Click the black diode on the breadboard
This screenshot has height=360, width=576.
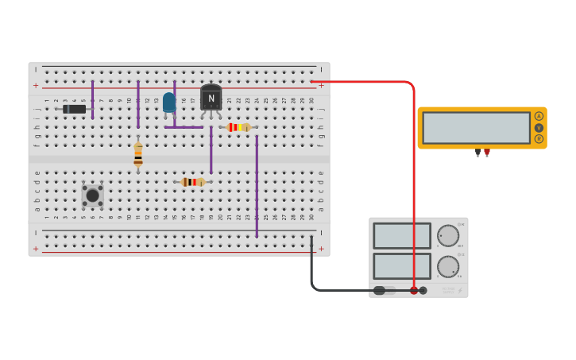point(75,109)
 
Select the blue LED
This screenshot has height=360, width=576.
point(168,102)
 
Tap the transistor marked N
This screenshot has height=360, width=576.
point(211,98)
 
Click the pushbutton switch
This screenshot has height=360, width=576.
point(92,195)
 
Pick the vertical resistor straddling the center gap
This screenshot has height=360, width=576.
point(138,154)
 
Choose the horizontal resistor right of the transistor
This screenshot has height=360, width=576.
point(238,127)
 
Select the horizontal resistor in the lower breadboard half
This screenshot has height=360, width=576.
point(193,182)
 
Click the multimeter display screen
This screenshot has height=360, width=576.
point(476,128)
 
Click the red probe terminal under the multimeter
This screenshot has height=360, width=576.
point(487,153)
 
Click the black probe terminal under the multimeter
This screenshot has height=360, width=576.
point(477,153)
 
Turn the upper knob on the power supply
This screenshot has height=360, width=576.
point(448,236)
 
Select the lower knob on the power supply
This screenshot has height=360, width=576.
point(448,266)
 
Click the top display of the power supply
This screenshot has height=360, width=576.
point(402,236)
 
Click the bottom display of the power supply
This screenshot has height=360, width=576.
point(402,266)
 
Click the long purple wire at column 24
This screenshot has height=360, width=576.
point(257,187)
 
